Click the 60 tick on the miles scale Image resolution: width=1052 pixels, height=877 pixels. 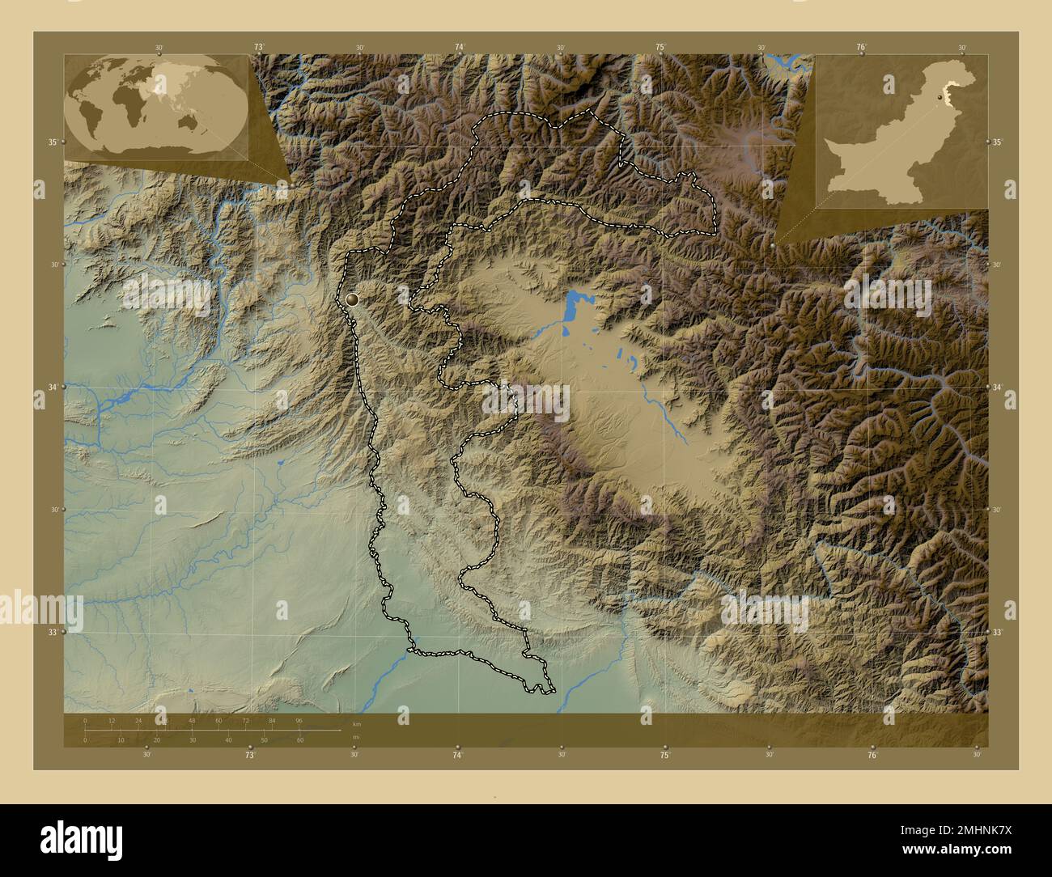[x=300, y=739]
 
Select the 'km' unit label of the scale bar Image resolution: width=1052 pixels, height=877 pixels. [x=357, y=723]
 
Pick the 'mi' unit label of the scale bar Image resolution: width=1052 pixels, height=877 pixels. [x=356, y=737]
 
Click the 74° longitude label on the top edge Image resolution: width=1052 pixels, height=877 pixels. [x=460, y=48]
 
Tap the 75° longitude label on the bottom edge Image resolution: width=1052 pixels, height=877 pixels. [x=664, y=756]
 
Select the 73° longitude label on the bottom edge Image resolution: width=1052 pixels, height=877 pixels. [x=250, y=756]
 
